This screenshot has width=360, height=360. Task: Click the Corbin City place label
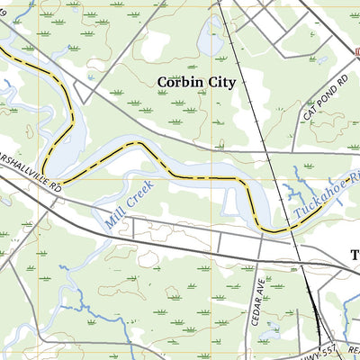click(x=195, y=82)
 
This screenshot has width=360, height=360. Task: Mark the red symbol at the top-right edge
click(x=356, y=54)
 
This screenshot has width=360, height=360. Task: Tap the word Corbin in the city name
click(x=177, y=82)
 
